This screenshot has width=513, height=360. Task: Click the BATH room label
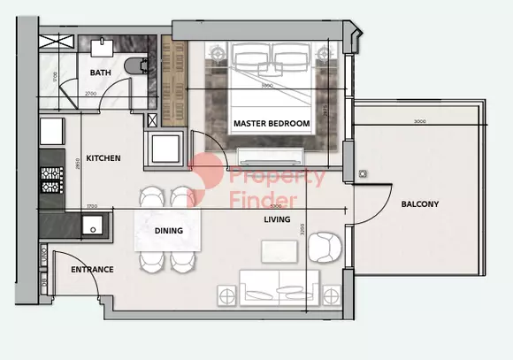(100, 73)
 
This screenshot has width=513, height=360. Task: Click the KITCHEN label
(103, 158)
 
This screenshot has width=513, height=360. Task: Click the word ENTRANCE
(92, 269)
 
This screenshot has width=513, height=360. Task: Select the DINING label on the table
(168, 231)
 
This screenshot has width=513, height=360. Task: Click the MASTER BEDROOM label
(272, 123)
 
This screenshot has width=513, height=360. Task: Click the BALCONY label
(419, 204)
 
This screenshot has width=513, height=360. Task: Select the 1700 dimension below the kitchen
(91, 206)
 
